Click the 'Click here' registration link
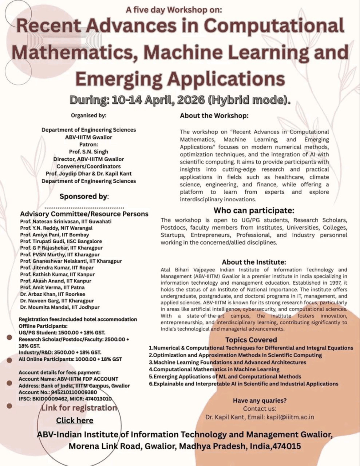tap(75, 420)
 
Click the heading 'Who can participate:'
tap(254, 210)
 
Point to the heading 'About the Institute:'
tap(254, 262)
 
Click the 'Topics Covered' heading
tap(251, 339)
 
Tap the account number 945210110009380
tap(70, 392)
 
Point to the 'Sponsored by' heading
tap(84, 196)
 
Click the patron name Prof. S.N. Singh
tap(89, 151)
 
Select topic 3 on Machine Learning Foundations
tap(228, 362)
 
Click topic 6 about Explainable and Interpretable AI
tap(243, 384)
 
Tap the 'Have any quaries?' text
tap(259, 400)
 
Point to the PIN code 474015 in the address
tap(286, 446)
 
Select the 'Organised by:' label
tap(89, 115)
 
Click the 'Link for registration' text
tap(79, 408)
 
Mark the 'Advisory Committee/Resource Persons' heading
tap(84, 214)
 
